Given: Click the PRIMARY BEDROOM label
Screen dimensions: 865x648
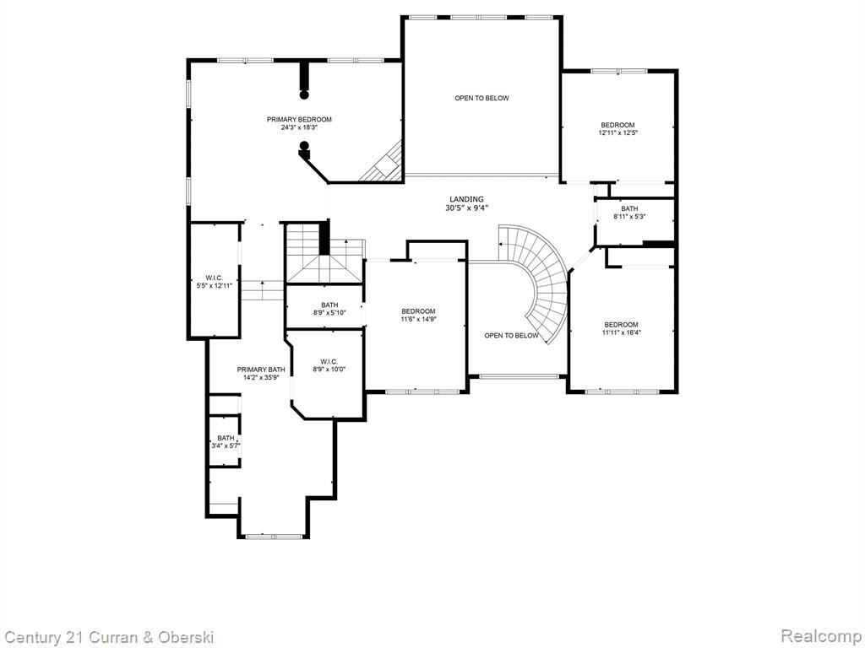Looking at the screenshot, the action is (x=299, y=119).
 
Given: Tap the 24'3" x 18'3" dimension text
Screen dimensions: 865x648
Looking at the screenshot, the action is (x=299, y=127).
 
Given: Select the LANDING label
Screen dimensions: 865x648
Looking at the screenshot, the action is (x=466, y=199).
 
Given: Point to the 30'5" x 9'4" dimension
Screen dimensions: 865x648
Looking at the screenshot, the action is (x=466, y=208).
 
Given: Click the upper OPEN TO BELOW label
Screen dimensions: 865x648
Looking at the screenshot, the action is (x=481, y=98).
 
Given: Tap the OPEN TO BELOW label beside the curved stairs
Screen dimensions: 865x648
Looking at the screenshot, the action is (x=511, y=335).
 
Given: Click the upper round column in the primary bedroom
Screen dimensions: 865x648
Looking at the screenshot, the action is (x=303, y=94).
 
